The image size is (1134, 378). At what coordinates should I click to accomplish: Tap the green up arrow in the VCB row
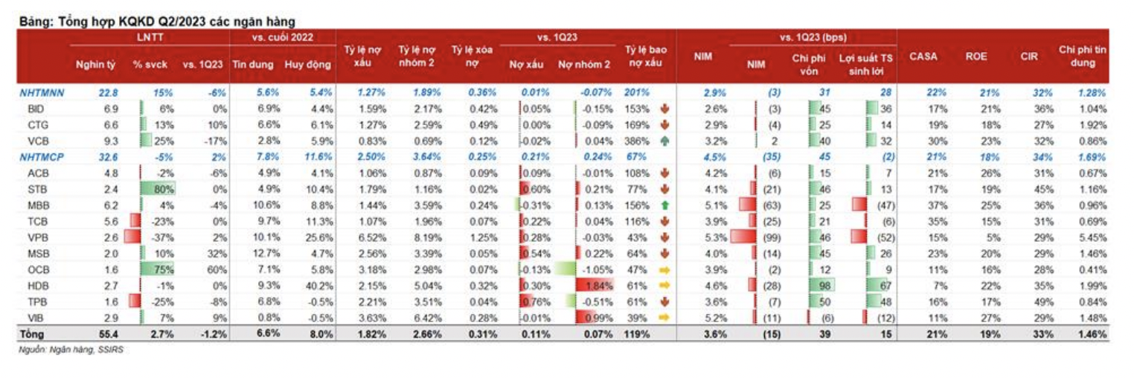pos(664,140)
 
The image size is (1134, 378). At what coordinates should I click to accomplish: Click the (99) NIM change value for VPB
pos(767,236)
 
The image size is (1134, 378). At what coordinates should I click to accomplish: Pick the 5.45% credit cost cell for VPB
pos(1090,236)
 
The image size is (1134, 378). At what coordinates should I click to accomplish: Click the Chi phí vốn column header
pos(810,64)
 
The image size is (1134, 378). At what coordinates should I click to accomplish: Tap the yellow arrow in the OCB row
pos(664,268)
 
